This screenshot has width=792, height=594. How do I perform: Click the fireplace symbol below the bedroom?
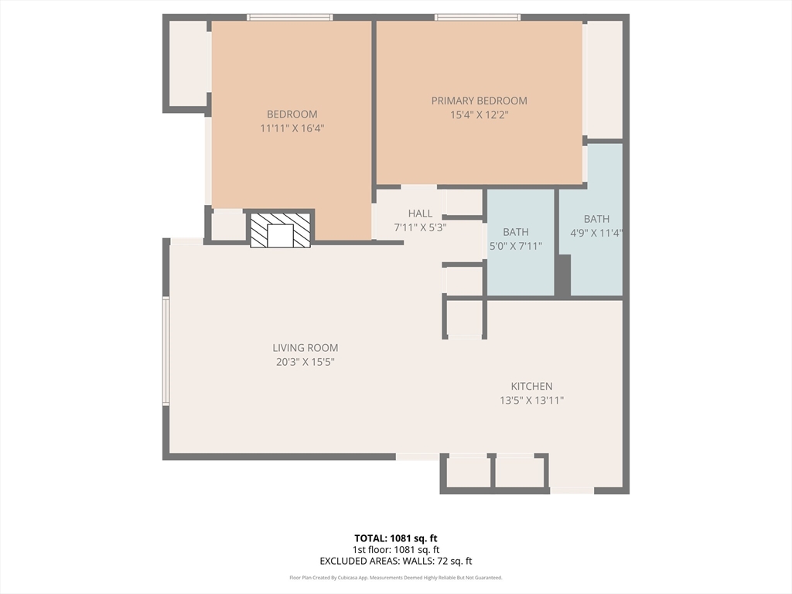click(x=280, y=230)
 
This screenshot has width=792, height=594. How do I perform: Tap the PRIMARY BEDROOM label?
click(x=479, y=101)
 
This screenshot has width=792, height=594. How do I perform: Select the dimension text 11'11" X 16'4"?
click(x=292, y=128)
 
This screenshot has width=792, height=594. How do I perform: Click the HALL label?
click(x=420, y=213)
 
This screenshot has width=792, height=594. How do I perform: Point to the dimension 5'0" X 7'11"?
click(x=516, y=246)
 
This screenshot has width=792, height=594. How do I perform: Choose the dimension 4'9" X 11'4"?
click(x=596, y=232)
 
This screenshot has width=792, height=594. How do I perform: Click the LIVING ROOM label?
click(x=305, y=348)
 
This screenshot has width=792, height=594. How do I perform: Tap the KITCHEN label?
click(x=531, y=386)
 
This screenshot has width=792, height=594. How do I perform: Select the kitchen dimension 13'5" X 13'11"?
click(x=531, y=400)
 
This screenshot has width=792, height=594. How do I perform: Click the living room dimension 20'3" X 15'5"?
click(x=305, y=361)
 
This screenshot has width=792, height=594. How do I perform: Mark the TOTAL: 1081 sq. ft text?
click(x=396, y=538)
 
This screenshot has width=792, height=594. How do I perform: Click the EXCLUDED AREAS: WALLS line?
click(x=396, y=562)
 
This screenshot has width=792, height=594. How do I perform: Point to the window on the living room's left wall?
click(x=166, y=351)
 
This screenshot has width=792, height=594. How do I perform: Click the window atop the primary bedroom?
click(x=477, y=17)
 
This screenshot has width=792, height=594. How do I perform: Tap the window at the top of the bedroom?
click(x=289, y=17)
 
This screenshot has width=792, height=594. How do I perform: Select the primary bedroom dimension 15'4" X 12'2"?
click(x=479, y=114)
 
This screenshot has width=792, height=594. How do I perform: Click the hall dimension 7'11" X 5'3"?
click(x=420, y=227)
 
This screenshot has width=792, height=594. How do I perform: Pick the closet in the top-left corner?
click(x=187, y=63)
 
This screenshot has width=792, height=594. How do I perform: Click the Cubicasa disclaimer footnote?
click(x=396, y=578)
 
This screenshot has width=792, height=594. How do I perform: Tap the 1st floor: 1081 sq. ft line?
click(x=396, y=550)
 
